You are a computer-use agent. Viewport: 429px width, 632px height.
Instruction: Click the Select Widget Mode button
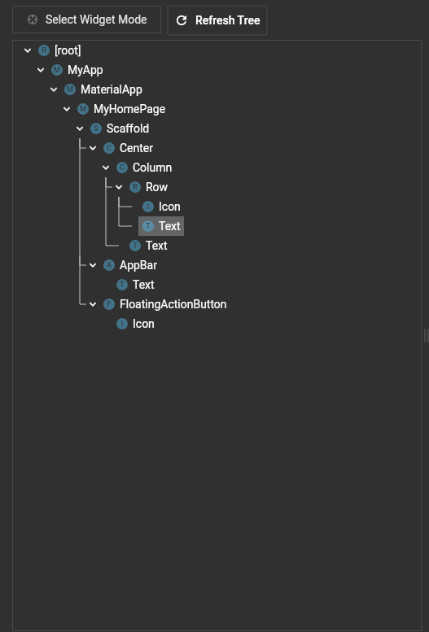87,20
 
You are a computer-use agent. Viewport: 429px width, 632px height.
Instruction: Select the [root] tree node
68,50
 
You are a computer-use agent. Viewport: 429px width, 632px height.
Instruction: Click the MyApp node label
85,70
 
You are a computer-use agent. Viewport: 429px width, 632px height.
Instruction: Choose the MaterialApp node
112,89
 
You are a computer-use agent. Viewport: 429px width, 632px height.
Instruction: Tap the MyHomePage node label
129,109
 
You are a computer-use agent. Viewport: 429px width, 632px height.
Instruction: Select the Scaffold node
128,129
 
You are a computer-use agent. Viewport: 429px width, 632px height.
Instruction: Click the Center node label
136,148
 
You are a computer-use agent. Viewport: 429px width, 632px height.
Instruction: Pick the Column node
152,168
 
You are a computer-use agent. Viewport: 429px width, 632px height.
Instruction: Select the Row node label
156,187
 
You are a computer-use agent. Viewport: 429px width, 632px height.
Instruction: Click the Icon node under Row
169,207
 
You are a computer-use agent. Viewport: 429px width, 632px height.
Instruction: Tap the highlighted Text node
161,226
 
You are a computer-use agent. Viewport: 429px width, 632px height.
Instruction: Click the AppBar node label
138,265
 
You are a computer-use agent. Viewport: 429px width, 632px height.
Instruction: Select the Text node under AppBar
143,285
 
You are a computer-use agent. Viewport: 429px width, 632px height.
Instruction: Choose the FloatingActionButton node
173,304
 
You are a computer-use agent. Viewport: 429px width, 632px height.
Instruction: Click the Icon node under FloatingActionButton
143,324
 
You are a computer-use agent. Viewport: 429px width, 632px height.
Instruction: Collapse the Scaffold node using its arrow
80,129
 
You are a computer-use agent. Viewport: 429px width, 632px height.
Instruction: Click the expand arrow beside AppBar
93,265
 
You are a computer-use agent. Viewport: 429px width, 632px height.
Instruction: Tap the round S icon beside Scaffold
95,129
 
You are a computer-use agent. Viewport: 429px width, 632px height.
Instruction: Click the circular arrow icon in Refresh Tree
182,20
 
